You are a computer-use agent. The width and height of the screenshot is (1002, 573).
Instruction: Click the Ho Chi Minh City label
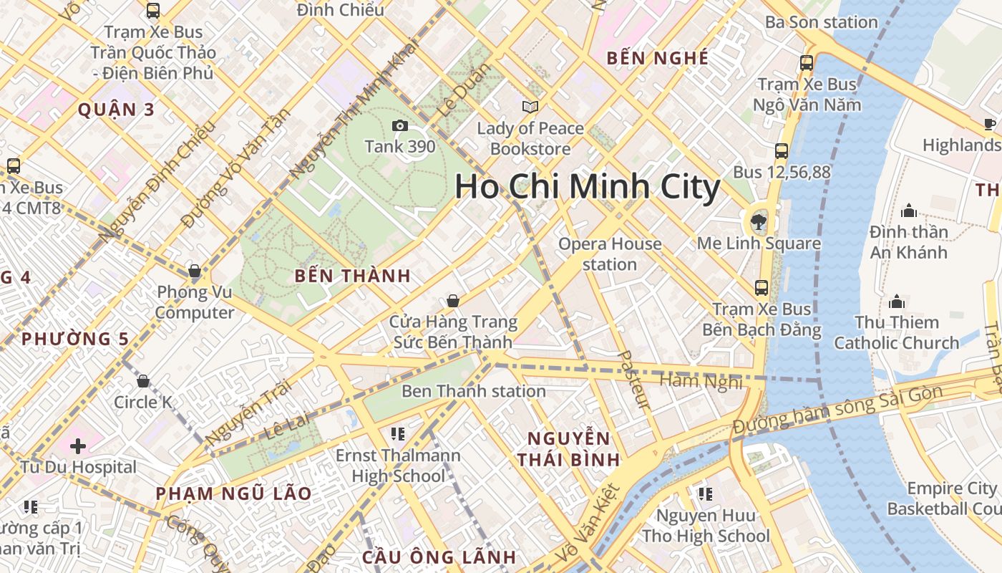[x=587, y=187]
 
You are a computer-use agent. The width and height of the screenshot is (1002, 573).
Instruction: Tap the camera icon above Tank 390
[x=400, y=126]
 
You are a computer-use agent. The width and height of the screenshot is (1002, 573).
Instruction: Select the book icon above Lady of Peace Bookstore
[x=530, y=107]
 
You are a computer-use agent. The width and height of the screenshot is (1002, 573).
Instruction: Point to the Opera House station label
[x=610, y=254]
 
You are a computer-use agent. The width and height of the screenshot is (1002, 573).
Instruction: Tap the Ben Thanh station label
[x=473, y=391]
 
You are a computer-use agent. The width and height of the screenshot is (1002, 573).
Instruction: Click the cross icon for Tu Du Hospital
[x=78, y=446]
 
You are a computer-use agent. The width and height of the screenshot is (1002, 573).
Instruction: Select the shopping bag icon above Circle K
[x=143, y=381]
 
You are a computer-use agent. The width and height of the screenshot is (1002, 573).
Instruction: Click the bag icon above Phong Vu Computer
[x=194, y=271]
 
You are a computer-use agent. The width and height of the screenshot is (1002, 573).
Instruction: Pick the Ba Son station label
[x=821, y=22]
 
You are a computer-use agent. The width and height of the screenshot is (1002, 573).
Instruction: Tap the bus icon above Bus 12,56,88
[x=782, y=151]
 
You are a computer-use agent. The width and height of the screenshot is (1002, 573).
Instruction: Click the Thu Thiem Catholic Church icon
[x=896, y=302]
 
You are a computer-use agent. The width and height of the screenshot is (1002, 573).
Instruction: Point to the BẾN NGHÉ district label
[x=657, y=59]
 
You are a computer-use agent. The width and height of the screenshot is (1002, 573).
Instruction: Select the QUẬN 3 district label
[x=116, y=110]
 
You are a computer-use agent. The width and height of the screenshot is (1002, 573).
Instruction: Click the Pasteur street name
[x=633, y=380]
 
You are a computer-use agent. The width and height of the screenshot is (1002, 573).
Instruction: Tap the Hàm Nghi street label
[x=701, y=382]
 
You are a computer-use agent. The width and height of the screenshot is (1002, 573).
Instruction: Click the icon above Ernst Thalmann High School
[x=398, y=433]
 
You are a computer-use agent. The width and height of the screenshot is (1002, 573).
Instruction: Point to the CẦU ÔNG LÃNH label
[x=439, y=557]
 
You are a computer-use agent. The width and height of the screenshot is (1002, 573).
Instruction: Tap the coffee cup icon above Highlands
[x=990, y=124]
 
